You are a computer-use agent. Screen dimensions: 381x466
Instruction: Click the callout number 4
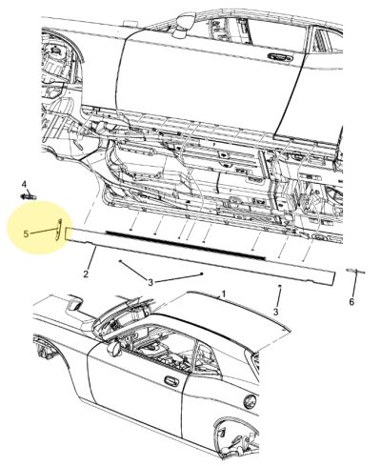24,184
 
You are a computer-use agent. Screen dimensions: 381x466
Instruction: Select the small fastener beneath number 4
29,196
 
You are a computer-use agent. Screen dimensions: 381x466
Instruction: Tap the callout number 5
26,234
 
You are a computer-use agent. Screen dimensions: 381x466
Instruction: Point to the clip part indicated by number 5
58,228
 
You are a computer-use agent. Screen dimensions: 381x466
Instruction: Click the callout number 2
86,274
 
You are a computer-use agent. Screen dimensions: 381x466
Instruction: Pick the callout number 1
224,294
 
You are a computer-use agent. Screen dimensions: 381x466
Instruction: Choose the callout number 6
351,301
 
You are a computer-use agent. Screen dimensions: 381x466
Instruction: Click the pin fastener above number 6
355,271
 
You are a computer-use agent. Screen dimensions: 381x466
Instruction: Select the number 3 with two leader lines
150,282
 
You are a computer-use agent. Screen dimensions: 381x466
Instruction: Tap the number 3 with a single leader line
275,312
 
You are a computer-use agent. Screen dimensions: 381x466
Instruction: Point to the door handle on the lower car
171,380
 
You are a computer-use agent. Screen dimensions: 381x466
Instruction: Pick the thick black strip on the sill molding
185,245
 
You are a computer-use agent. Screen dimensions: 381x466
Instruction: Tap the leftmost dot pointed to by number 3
120,261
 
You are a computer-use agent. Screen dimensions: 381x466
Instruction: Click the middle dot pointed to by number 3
201,274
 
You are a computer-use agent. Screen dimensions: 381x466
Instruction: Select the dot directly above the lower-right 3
280,286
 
